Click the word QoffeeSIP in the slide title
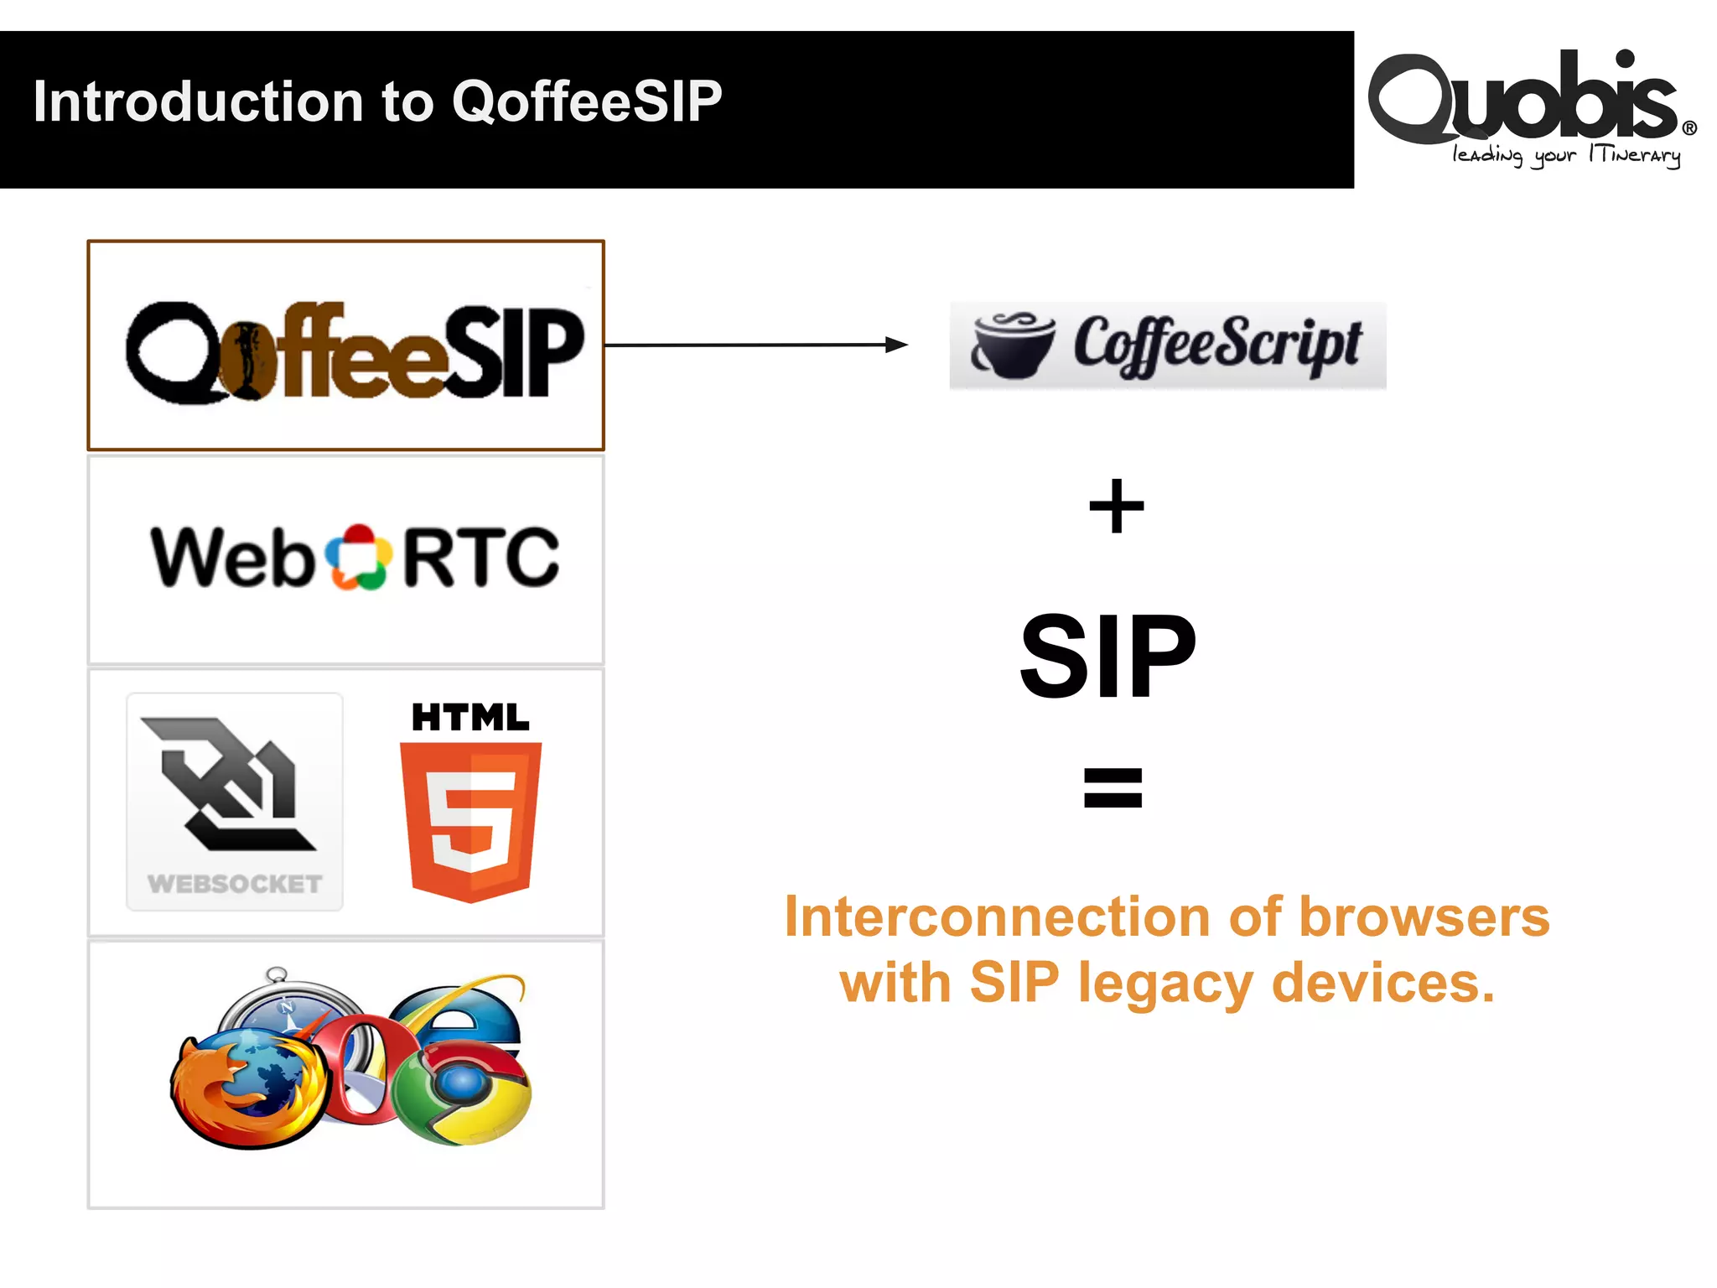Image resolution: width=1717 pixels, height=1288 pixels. click(587, 101)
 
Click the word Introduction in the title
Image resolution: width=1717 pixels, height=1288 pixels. click(198, 101)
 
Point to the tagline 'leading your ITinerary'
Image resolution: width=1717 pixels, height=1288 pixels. click(1566, 155)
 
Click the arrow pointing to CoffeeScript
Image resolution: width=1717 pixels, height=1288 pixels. click(755, 345)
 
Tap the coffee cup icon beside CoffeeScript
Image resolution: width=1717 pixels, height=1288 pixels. click(1013, 345)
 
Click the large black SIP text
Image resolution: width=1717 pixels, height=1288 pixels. click(1107, 656)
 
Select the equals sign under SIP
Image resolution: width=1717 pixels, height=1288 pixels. click(1113, 788)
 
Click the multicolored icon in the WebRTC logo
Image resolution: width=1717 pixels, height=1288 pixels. click(359, 558)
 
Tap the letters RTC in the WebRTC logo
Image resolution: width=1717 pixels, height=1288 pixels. click(481, 558)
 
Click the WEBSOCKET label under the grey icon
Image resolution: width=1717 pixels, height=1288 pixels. click(235, 884)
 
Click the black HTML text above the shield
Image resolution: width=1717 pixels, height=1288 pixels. click(470, 718)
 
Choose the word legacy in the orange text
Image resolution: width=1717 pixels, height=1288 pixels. click(1165, 983)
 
